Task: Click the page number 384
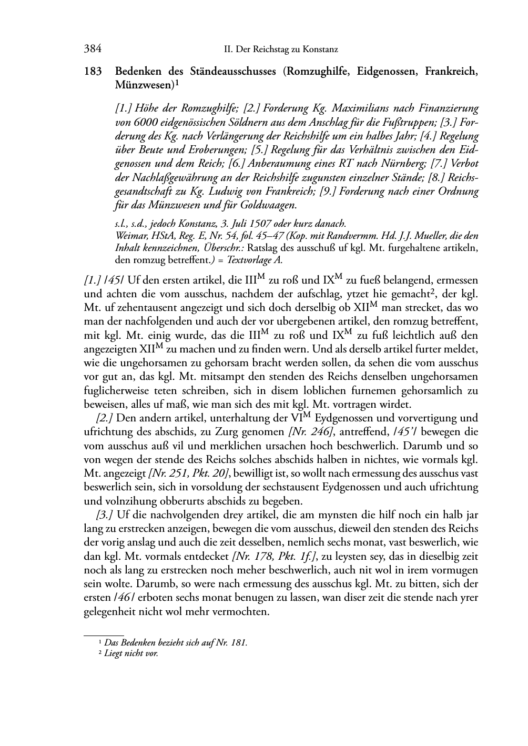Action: [x=93, y=49]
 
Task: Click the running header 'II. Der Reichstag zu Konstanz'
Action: [x=280, y=49]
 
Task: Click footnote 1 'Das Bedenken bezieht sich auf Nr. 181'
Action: [x=175, y=642]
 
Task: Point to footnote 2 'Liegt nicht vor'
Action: [x=131, y=653]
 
